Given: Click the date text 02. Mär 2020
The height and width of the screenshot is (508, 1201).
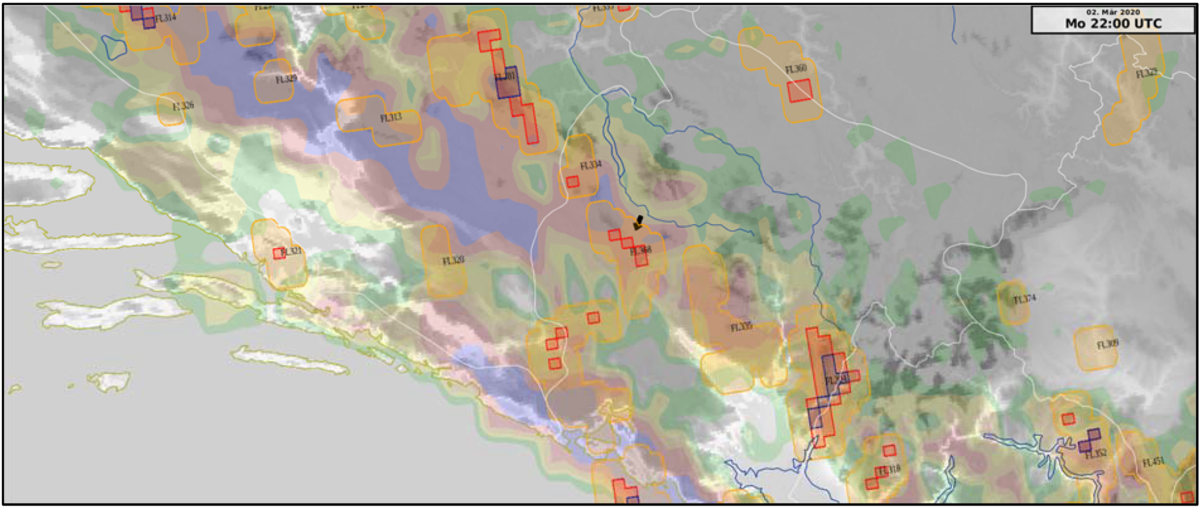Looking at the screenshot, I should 1113,12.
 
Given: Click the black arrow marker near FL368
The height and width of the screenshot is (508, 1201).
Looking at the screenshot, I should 638,223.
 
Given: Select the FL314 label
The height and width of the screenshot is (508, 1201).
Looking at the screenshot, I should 165,18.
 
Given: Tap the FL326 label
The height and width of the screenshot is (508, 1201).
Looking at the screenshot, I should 183,106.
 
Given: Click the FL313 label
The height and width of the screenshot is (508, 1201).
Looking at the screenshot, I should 391,118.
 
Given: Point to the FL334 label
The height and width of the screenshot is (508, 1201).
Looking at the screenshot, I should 590,165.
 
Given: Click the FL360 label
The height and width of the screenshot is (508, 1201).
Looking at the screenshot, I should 796,69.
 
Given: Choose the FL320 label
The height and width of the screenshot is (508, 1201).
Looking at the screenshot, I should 453,261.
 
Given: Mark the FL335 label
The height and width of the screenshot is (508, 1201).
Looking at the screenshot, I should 741,327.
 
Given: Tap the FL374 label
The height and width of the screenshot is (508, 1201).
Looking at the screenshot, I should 1024,299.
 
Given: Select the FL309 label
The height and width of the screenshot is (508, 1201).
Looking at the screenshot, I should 1108,344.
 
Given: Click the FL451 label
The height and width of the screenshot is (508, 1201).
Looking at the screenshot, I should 1153,462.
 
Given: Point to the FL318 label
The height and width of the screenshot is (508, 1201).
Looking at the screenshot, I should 889,471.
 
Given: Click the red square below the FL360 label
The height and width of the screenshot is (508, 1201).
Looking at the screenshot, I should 799,91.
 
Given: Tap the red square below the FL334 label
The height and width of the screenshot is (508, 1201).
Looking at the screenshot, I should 572,182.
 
